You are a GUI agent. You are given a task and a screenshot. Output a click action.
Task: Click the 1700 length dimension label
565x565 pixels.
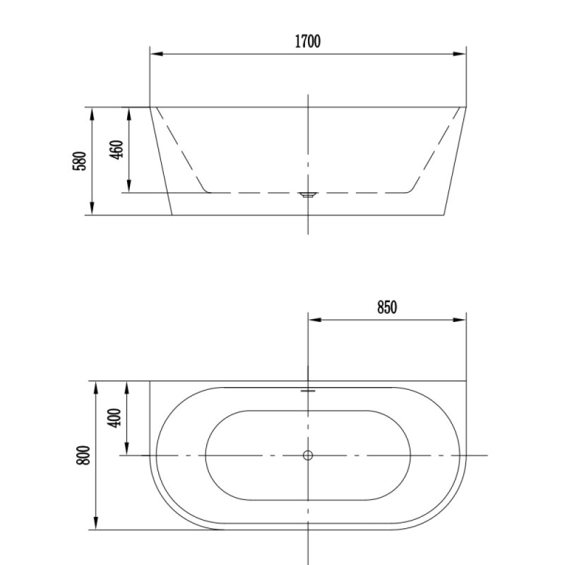[x=308, y=42]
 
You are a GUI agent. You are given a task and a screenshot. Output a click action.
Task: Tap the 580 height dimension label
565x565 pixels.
[x=80, y=161]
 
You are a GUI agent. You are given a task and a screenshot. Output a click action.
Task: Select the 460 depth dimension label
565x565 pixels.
[x=116, y=149]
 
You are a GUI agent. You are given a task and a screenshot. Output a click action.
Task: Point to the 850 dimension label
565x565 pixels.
[x=387, y=307]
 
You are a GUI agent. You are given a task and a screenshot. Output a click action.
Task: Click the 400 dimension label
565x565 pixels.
[x=114, y=418]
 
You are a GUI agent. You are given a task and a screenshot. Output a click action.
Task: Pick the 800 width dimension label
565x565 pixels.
[x=83, y=456]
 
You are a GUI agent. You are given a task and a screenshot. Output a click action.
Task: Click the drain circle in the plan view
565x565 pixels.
[x=308, y=456]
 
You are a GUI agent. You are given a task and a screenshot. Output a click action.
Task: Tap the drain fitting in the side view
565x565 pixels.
[x=308, y=195]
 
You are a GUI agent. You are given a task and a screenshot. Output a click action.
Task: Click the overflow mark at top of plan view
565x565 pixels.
[x=308, y=391]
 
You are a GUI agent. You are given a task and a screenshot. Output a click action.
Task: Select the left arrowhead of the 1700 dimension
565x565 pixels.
[x=156, y=54]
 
